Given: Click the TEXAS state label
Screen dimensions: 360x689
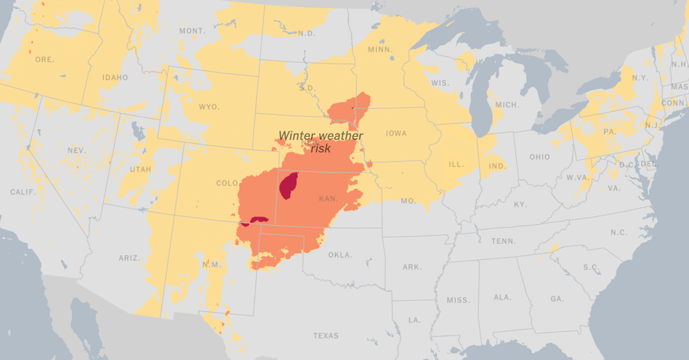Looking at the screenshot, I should (x=325, y=336).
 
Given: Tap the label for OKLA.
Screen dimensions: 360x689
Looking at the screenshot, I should (x=340, y=254).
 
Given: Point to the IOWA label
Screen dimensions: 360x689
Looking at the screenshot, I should (x=396, y=133).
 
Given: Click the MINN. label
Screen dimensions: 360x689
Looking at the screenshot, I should (x=381, y=50).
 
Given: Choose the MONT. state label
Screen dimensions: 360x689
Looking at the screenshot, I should (x=192, y=31).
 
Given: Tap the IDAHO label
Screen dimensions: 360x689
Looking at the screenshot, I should (x=115, y=77).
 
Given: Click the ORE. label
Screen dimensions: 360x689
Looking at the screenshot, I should (x=45, y=60).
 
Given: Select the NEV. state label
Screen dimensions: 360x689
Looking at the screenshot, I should (x=77, y=150).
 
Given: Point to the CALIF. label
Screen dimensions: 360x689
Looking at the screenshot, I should (x=23, y=191).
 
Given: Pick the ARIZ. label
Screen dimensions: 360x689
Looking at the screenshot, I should (x=129, y=258).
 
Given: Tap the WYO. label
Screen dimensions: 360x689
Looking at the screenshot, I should (x=209, y=107).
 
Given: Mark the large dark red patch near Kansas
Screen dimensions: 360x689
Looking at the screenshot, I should (x=288, y=185).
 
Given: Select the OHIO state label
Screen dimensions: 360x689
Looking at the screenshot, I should (x=539, y=157).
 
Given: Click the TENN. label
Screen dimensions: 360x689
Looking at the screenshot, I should (x=503, y=241).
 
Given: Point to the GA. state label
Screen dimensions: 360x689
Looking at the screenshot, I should (x=557, y=298).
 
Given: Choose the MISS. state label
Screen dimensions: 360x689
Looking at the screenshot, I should (x=458, y=300).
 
